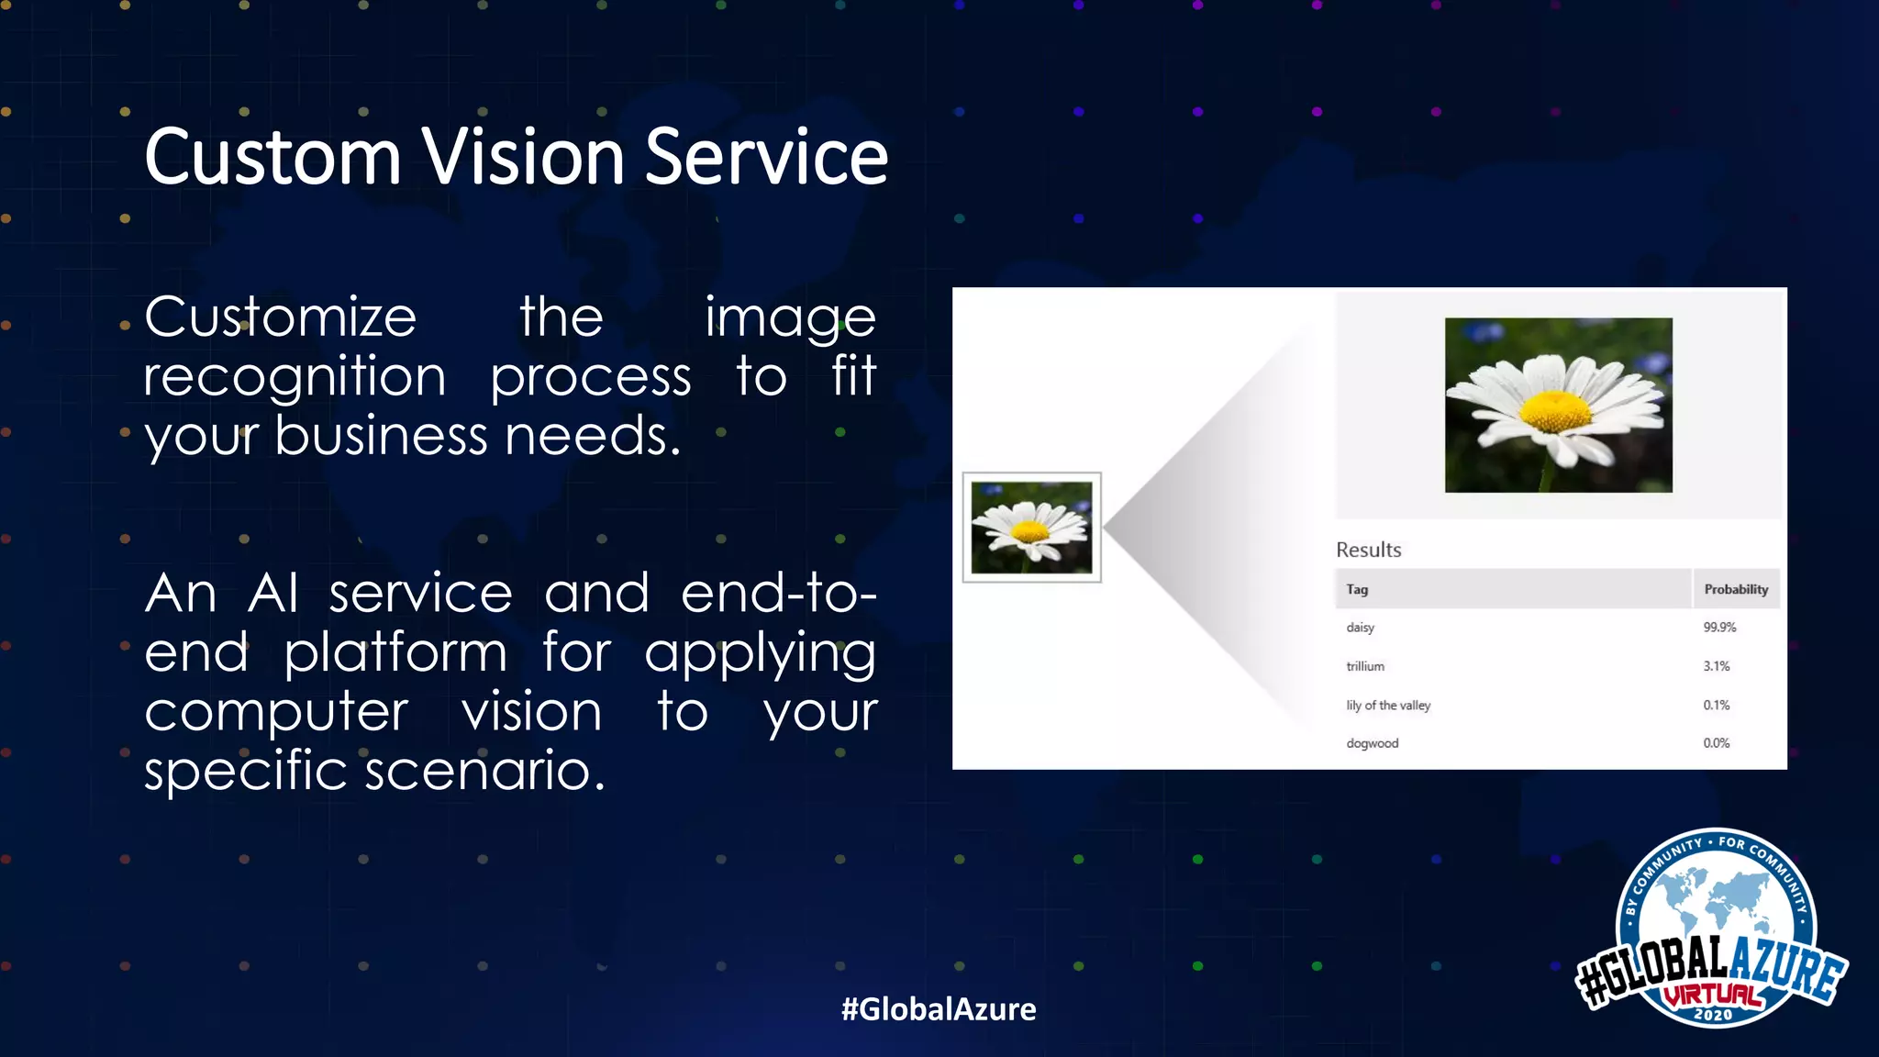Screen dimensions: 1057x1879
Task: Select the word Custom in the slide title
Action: pyautogui.click(x=272, y=157)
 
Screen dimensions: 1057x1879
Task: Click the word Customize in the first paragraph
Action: pyautogui.click(x=280, y=317)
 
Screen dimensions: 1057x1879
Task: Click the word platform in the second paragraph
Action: pyautogui.click(x=395, y=653)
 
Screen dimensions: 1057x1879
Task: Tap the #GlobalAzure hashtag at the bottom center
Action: pyautogui.click(x=939, y=1009)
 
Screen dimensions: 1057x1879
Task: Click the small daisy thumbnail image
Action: pyautogui.click(x=1031, y=528)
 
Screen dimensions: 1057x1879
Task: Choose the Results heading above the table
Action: pyautogui.click(x=1368, y=550)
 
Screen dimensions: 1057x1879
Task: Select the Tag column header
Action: pyautogui.click(x=1357, y=589)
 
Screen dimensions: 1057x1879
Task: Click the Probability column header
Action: pyautogui.click(x=1736, y=589)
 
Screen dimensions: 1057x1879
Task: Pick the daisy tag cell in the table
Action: pyautogui.click(x=1360, y=628)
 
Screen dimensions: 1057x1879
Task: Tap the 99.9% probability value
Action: pyautogui.click(x=1719, y=628)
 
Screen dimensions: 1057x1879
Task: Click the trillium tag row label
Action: pyautogui.click(x=1365, y=666)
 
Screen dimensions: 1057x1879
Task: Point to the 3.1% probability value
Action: pyautogui.click(x=1717, y=666)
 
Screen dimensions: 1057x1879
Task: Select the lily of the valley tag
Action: pyautogui.click(x=1388, y=706)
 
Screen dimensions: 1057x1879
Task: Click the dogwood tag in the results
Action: pyautogui.click(x=1372, y=743)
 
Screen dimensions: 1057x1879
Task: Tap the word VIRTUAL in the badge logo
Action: pyautogui.click(x=1712, y=996)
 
